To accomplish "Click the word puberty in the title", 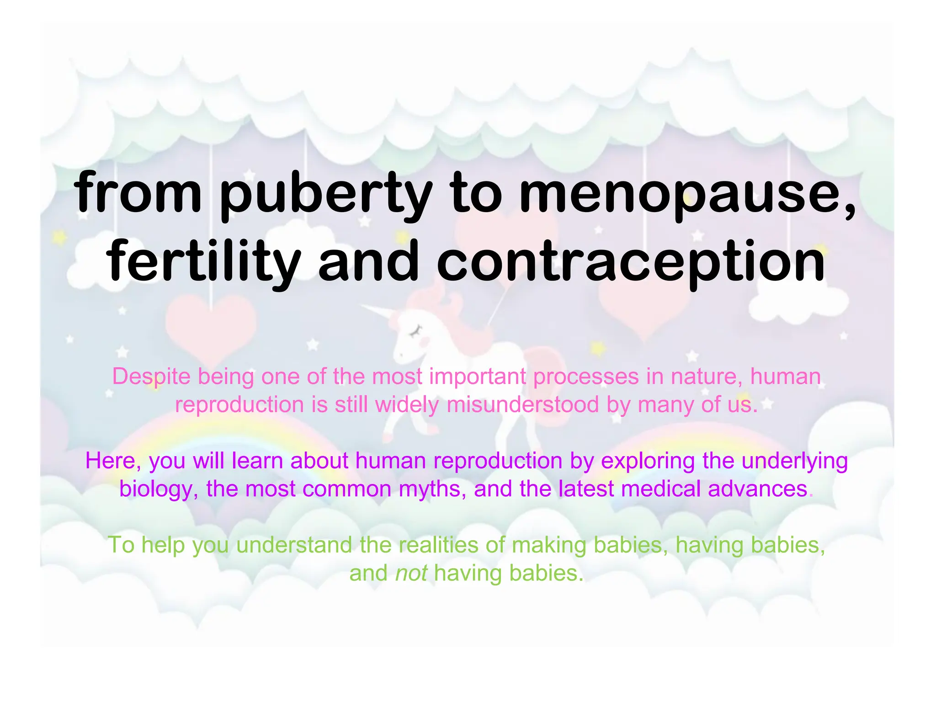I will point(326,194).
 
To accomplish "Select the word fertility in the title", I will point(203,262).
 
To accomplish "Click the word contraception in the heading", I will point(631,262).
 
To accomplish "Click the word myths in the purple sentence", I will point(432,489).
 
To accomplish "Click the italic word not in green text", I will point(411,573).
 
